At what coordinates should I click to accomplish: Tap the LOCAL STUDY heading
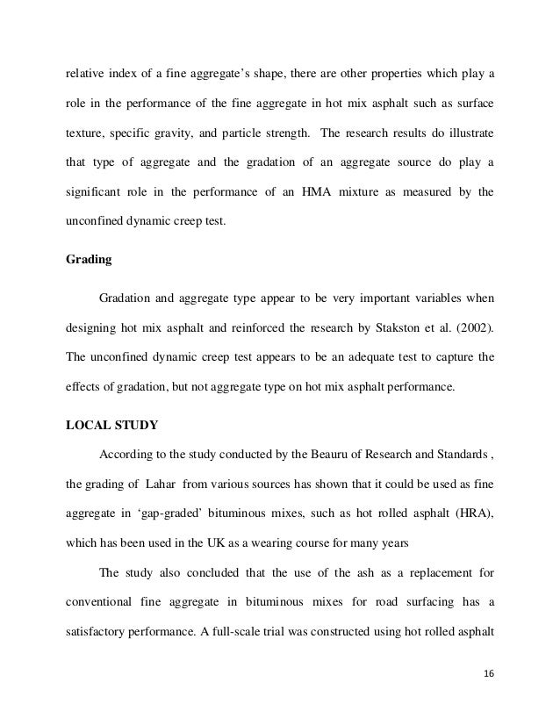pos(111,427)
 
